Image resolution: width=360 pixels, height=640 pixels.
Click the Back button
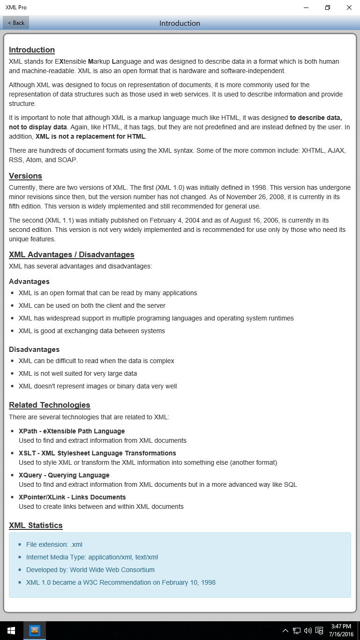tap(16, 22)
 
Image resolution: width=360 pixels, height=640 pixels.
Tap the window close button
tap(349, 7)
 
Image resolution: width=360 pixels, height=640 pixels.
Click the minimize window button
tap(306, 7)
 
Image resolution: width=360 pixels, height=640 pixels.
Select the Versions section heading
tap(25, 176)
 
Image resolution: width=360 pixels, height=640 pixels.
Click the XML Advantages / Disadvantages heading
tap(71, 254)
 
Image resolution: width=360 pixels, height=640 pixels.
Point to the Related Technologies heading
tap(49, 405)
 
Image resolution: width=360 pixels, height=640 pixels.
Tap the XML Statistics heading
tap(36, 525)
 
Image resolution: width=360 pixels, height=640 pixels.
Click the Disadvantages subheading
tap(34, 350)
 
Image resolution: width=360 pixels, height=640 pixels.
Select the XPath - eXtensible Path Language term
tap(72, 431)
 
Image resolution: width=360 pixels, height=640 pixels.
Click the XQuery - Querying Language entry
tap(64, 475)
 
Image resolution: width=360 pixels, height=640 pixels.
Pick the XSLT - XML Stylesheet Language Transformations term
tap(97, 453)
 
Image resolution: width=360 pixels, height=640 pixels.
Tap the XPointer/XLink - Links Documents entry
tap(72, 497)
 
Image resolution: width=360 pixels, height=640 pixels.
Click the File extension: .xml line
tap(54, 544)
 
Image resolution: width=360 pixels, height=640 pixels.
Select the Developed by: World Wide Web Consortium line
tap(90, 570)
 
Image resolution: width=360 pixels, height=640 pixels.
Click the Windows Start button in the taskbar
tap(11, 631)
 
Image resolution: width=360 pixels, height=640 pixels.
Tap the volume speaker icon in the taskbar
tap(307, 631)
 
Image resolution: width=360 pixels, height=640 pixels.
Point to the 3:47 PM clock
tap(341, 626)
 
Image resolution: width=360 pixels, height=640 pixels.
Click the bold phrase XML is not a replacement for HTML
tap(90, 136)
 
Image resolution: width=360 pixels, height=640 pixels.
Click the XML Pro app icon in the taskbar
tap(35, 631)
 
